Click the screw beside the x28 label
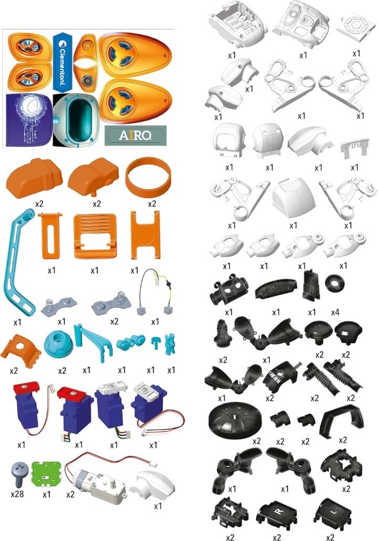click(18, 476)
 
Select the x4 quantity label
click(335, 311)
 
